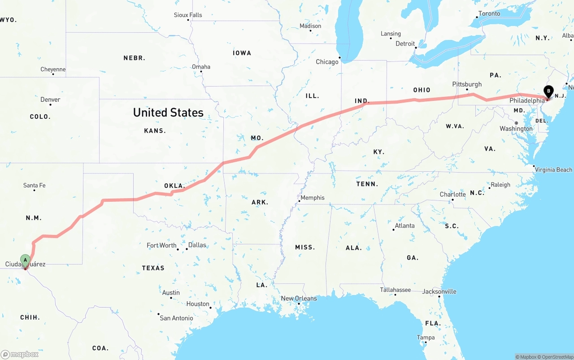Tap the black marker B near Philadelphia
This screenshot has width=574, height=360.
[548, 91]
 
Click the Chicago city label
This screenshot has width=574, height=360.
[327, 62]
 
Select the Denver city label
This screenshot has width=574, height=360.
[50, 100]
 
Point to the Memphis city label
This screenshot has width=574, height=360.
[313, 198]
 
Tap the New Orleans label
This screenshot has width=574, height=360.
[299, 299]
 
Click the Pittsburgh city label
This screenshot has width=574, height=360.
[467, 84]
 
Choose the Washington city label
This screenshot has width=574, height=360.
[516, 129]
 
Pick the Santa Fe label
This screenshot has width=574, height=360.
[34, 185]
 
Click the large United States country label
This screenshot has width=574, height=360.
[168, 113]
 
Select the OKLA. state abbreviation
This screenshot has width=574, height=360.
[174, 186]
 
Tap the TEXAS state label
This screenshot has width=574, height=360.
[153, 268]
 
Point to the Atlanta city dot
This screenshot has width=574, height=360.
[393, 230]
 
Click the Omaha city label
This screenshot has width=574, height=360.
[201, 67]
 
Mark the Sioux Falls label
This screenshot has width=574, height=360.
[188, 15]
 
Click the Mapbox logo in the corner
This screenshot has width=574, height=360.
[20, 354]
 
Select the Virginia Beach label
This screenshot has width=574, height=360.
[553, 170]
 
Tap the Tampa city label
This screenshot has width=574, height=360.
[426, 338]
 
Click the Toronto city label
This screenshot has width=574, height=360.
[489, 13]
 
